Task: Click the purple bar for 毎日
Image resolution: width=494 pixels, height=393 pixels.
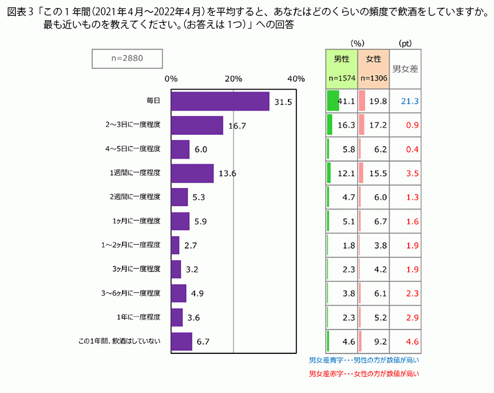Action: tap(220, 101)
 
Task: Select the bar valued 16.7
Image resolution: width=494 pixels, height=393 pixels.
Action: tap(196, 125)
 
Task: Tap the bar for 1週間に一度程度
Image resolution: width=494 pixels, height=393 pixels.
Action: tap(192, 173)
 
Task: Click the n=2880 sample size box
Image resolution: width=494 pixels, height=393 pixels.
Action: tap(127, 59)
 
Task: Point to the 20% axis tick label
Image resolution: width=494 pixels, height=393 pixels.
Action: tap(234, 79)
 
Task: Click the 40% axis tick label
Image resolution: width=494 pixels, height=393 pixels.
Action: tap(296, 79)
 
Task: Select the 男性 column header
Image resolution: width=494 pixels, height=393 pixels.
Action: tap(342, 59)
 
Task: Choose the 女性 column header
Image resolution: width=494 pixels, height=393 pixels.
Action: tap(373, 59)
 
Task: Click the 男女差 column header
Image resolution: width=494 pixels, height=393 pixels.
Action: tap(405, 69)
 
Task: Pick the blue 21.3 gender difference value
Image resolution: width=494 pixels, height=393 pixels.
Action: tap(409, 101)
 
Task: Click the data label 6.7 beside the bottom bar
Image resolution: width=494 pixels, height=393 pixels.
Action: tap(203, 342)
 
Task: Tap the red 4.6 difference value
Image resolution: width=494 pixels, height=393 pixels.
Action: tap(412, 341)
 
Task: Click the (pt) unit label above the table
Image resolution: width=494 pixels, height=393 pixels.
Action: tap(405, 43)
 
